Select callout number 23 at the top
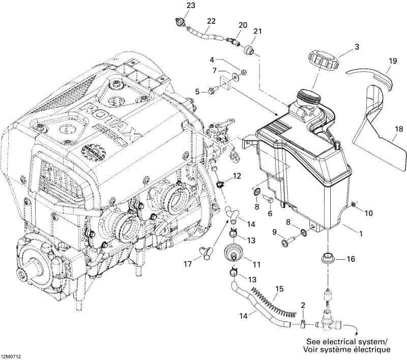[177, 6]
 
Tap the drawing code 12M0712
[11, 356]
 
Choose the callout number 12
[237, 176]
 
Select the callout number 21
[258, 32]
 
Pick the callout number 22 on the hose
[211, 21]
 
